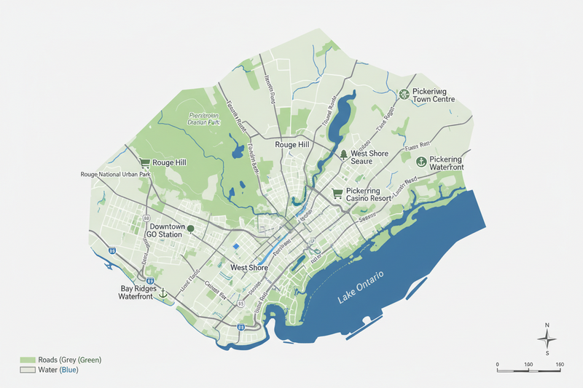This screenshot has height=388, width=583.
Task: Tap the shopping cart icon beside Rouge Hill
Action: click(144, 162)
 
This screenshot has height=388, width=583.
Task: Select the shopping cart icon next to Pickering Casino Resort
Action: click(337, 193)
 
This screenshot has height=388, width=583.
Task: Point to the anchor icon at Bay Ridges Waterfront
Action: click(163, 293)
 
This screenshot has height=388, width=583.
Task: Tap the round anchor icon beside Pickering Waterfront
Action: click(420, 162)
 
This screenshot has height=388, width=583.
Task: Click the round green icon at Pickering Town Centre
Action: click(404, 94)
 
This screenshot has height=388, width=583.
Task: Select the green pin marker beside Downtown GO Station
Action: click(190, 229)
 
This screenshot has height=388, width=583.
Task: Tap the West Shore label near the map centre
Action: click(249, 268)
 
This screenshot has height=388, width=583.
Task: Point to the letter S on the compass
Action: click(547, 353)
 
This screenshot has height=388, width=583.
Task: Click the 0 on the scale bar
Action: click(497, 363)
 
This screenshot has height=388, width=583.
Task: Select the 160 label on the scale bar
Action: click(560, 363)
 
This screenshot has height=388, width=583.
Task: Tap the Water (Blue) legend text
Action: click(58, 371)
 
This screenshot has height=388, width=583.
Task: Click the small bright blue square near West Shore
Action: click(235, 248)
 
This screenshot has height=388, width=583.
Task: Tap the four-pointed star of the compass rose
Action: click(547, 338)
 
